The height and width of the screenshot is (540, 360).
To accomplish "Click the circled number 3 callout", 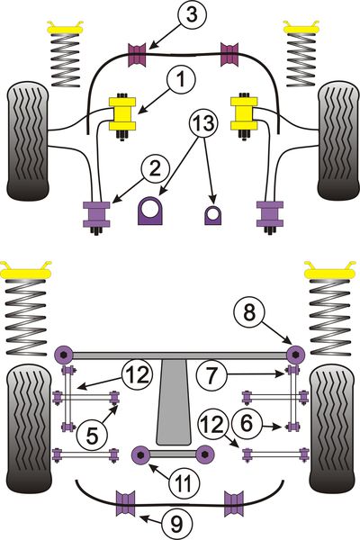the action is [192, 15].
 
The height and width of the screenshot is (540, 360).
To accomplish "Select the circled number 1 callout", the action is [181, 79].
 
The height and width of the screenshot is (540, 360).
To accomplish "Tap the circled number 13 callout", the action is [204, 123].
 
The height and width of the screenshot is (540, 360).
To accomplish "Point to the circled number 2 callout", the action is [155, 169].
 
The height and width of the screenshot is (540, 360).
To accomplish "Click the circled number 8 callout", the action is [248, 312].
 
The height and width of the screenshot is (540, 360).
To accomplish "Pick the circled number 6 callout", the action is [247, 423].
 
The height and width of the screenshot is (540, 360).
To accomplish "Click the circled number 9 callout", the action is [176, 524].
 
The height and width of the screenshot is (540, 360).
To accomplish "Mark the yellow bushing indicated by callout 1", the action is [122, 114].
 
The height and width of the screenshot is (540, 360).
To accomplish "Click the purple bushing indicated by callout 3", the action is [137, 55].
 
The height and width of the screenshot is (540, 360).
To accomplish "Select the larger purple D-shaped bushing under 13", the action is [150, 211].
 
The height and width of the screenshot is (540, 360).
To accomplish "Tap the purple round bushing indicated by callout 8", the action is [296, 354].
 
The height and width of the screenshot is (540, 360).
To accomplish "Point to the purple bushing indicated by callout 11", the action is [141, 454].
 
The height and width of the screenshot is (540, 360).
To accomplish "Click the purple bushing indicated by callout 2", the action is [96, 214].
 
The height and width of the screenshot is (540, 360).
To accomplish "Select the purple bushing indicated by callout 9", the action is [126, 503].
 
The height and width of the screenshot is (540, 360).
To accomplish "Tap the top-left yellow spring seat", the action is [66, 28].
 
